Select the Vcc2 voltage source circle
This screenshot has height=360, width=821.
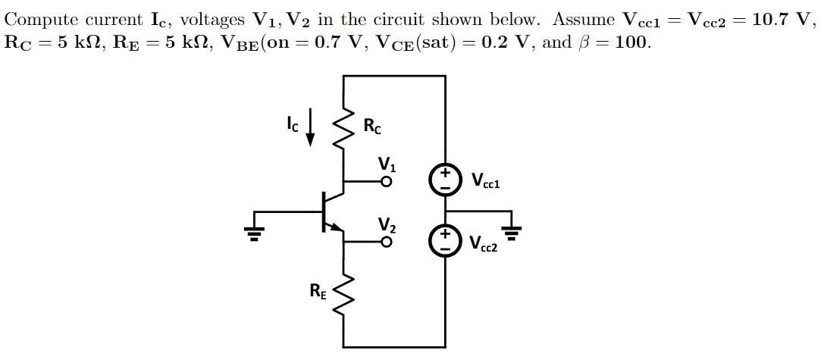[445, 240]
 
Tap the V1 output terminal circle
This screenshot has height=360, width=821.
[387, 182]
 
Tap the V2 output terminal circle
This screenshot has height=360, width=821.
[387, 243]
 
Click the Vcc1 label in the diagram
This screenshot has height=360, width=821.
[485, 181]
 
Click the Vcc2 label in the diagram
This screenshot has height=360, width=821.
[484, 243]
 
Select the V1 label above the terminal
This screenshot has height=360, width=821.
[387, 164]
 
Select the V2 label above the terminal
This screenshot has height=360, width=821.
[387, 224]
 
